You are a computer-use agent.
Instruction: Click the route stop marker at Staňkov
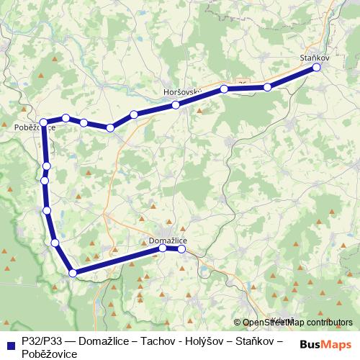pyautogui.click(x=316, y=68)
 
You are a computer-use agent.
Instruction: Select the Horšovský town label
pyautogui.click(x=181, y=93)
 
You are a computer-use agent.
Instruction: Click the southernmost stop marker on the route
pyautogui.click(x=73, y=272)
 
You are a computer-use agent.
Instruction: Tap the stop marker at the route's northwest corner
pyautogui.click(x=44, y=122)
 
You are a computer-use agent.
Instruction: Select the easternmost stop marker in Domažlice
pyautogui.click(x=182, y=249)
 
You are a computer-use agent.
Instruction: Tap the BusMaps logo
pyautogui.click(x=326, y=343)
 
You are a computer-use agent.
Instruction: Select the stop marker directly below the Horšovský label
pyautogui.click(x=176, y=106)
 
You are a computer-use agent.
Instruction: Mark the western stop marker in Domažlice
pyautogui.click(x=163, y=248)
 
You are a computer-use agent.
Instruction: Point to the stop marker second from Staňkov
pyautogui.click(x=267, y=87)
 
